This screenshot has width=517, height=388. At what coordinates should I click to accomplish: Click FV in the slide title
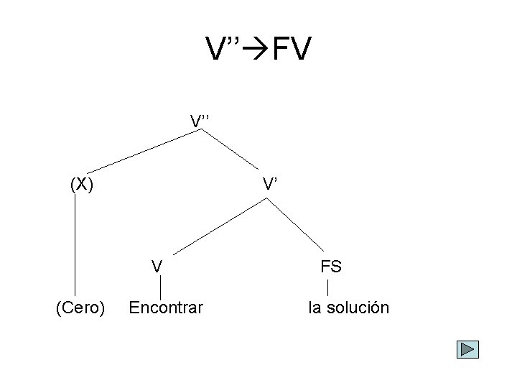tap(291, 50)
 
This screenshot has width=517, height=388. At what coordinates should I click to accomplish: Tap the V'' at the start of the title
tap(224, 50)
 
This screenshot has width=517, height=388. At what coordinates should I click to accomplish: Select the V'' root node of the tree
tap(200, 119)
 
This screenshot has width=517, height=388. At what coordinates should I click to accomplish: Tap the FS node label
tap(331, 267)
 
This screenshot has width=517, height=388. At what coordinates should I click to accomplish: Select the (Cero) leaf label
tap(80, 308)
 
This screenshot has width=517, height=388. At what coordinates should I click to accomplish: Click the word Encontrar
tap(165, 308)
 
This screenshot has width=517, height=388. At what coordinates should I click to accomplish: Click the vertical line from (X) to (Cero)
tap(75, 244)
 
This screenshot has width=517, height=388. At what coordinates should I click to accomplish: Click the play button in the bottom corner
tap(467, 349)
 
